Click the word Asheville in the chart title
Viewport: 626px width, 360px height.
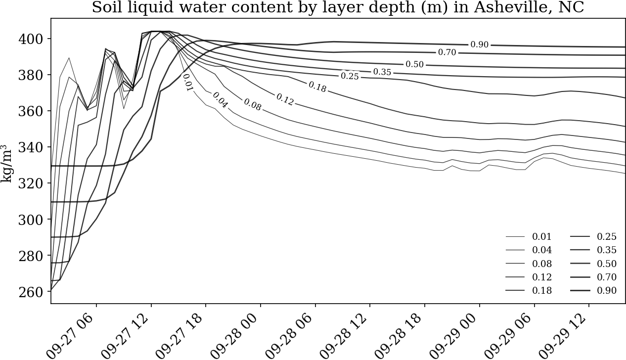pos(508,7)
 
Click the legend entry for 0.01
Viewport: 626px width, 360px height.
pos(529,236)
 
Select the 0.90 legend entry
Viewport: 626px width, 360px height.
pos(593,290)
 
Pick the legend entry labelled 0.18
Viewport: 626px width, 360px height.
pos(529,290)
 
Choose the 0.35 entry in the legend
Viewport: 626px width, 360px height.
pos(593,250)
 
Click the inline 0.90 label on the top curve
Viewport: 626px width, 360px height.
pos(479,45)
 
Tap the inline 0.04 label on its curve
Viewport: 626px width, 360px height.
pos(220,100)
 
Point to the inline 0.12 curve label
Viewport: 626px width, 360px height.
pos(285,99)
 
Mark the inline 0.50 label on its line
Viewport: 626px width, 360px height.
pos(415,64)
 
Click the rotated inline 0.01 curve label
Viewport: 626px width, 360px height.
pos(188,83)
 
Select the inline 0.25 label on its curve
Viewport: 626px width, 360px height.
pos(350,76)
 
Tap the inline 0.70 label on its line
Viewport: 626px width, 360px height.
pos(447,52)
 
